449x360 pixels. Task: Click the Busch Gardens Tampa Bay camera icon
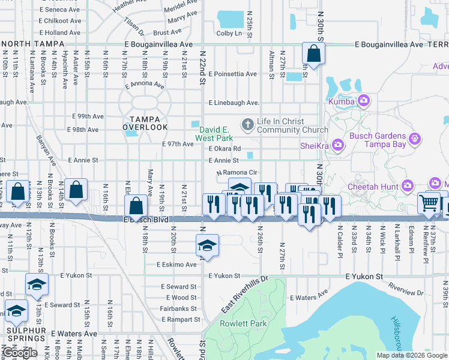[414, 140]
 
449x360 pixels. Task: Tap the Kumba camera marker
[363, 101]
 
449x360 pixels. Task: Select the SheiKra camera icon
[337, 144]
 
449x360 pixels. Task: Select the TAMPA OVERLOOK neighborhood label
[145, 122]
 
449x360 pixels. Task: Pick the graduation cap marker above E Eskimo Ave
[207, 245]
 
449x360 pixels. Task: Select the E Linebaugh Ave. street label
[234, 103]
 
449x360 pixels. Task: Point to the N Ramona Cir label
[237, 173]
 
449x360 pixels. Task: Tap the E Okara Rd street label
[224, 149]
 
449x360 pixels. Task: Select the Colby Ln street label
[229, 34]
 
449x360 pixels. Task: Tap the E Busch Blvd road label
[148, 220]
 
